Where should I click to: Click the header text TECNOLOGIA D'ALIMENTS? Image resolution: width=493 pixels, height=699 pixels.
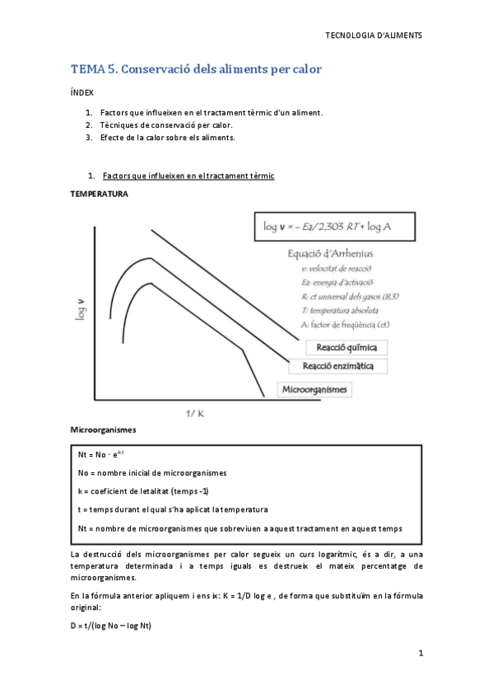[x=374, y=36]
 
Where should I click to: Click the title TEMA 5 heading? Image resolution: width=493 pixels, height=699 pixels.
[x=196, y=69]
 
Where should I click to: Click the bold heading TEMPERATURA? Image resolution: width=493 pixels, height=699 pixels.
[x=99, y=194]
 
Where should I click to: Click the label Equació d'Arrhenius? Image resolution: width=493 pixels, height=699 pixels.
[x=330, y=254]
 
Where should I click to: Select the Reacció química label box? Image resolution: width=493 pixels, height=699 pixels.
[x=346, y=348]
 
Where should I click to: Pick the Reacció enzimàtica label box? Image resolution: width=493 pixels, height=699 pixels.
[x=339, y=366]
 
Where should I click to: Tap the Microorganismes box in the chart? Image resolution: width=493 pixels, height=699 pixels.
[x=315, y=389]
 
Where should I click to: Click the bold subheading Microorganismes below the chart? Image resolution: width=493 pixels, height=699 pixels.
[x=103, y=430]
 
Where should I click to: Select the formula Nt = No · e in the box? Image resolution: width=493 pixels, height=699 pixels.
[x=101, y=455]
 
